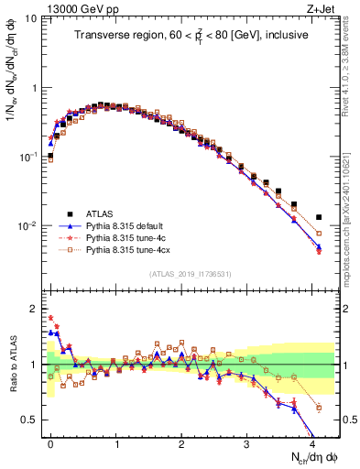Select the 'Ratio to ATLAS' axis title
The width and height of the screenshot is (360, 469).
click(x=12, y=365)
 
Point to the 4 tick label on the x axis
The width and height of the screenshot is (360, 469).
click(x=312, y=442)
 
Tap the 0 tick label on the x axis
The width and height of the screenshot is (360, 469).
click(x=51, y=442)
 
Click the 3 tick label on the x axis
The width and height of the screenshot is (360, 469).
click(x=247, y=442)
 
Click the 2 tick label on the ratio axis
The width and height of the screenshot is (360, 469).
click(x=31, y=309)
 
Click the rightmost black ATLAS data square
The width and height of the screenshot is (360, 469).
click(x=319, y=217)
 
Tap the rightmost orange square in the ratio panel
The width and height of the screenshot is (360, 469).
click(x=319, y=407)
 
